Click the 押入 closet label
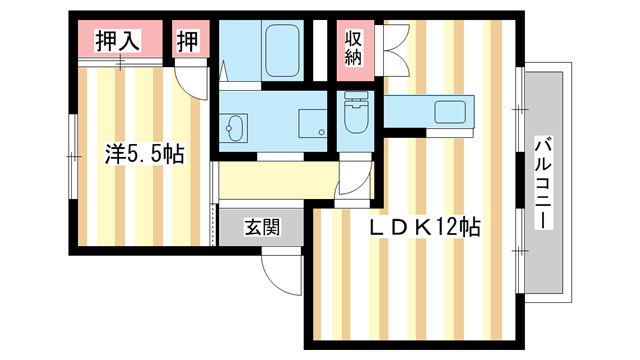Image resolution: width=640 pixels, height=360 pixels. [116, 41]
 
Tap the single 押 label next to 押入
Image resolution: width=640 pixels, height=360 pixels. [188, 41]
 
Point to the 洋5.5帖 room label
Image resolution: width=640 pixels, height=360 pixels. [145, 154]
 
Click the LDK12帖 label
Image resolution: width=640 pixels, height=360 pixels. [426, 227]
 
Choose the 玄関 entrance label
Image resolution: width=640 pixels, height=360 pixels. [262, 227]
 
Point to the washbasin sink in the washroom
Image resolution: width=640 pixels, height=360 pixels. [237, 129]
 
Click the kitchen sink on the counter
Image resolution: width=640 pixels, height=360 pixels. [446, 112]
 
